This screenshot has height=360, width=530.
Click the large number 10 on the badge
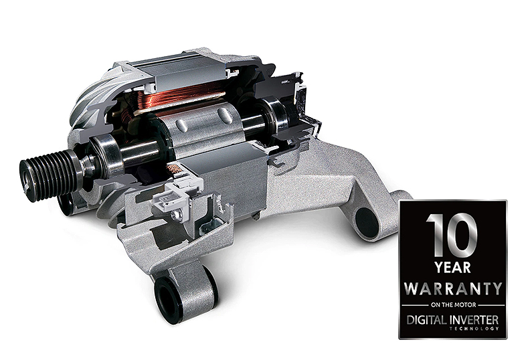[x=452, y=236]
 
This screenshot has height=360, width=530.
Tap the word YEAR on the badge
[x=452, y=268]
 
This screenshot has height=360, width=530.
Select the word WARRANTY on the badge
[x=453, y=288]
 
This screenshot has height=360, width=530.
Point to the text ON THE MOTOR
[x=453, y=305]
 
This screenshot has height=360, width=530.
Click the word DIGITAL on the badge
[x=428, y=320]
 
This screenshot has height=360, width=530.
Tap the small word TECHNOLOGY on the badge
[x=474, y=329]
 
